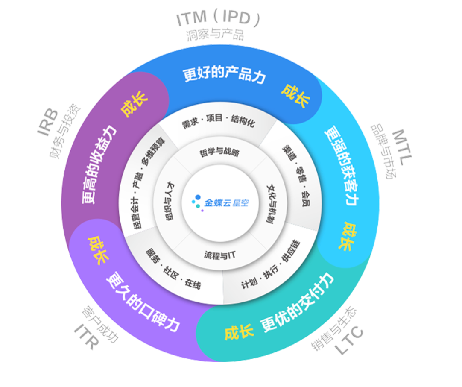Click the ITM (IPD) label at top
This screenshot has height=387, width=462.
[218, 19]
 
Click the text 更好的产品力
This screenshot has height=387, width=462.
[225, 74]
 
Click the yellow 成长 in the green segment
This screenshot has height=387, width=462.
[239, 332]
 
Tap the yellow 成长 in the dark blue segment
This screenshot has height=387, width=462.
[295, 95]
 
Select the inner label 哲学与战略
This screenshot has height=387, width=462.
[219, 153]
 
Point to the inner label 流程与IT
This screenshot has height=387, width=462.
[220, 255]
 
